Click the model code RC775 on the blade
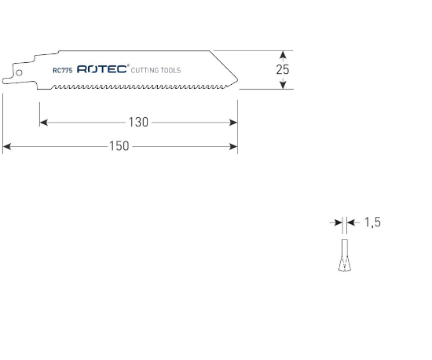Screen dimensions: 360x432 point(63,70)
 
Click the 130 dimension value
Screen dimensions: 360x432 point(138,123)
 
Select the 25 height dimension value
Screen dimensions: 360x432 point(283,69)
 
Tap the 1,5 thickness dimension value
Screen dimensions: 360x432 point(372,223)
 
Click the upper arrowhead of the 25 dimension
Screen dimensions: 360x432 point(283,54)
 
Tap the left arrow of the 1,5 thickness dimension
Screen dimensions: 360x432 point(338,223)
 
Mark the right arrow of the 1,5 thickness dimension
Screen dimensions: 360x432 point(350,223)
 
